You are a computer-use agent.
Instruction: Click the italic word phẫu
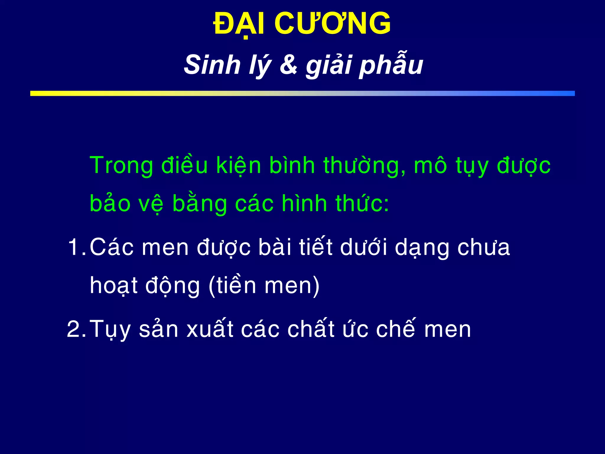391,66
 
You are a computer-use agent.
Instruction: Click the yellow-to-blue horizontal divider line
302,93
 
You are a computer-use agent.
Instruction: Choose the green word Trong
121,166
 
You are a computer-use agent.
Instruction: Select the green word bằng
199,204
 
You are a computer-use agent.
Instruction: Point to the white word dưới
364,247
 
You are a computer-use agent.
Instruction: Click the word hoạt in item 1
114,286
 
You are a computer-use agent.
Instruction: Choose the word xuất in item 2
210,329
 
